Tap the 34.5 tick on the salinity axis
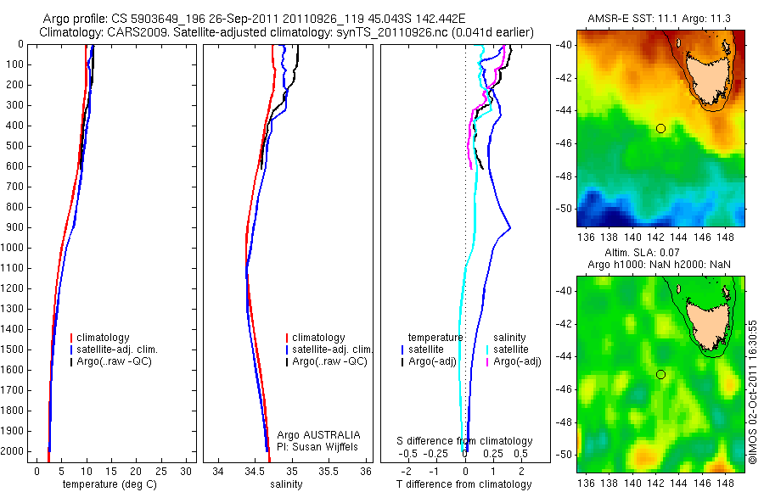click(x=255, y=470)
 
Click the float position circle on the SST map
click(x=660, y=128)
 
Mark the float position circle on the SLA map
click(x=660, y=374)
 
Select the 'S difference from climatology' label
click(x=465, y=441)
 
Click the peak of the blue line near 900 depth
click(x=510, y=227)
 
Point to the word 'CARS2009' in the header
click(x=127, y=32)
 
